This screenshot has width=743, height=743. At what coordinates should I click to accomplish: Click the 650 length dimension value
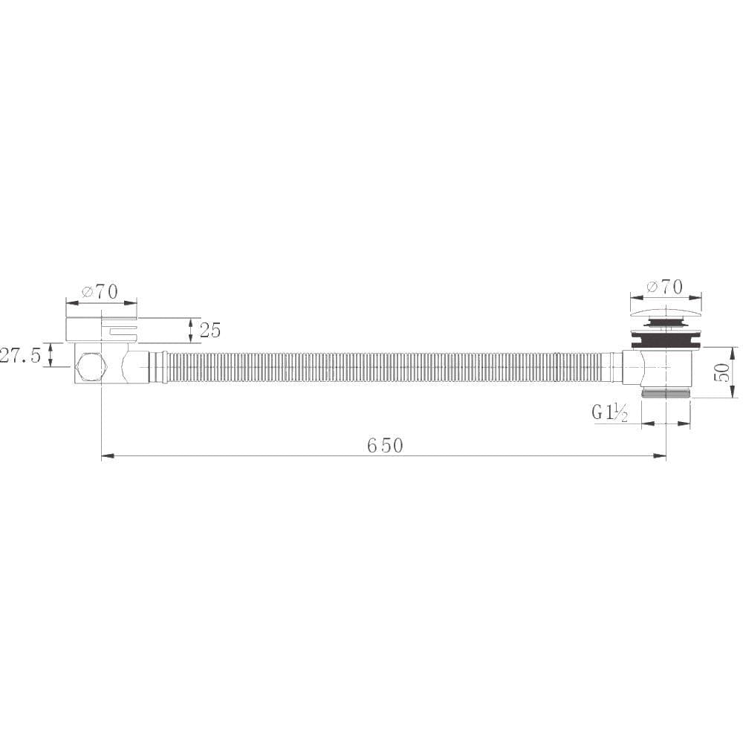(x=385, y=445)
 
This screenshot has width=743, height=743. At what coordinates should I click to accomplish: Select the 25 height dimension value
(x=210, y=330)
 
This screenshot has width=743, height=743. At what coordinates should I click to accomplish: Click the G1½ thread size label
(x=610, y=412)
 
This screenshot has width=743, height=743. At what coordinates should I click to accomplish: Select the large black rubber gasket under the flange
(x=665, y=341)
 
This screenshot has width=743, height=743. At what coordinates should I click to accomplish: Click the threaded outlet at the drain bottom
(x=666, y=392)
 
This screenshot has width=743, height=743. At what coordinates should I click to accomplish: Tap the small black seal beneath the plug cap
(x=666, y=322)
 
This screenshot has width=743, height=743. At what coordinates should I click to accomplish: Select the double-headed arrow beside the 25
(x=192, y=330)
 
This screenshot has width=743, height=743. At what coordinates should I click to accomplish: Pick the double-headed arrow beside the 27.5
(x=50, y=354)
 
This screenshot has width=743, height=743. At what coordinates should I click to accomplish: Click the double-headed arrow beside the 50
(x=734, y=372)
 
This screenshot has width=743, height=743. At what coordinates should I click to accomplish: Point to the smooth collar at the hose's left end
(x=157, y=368)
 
